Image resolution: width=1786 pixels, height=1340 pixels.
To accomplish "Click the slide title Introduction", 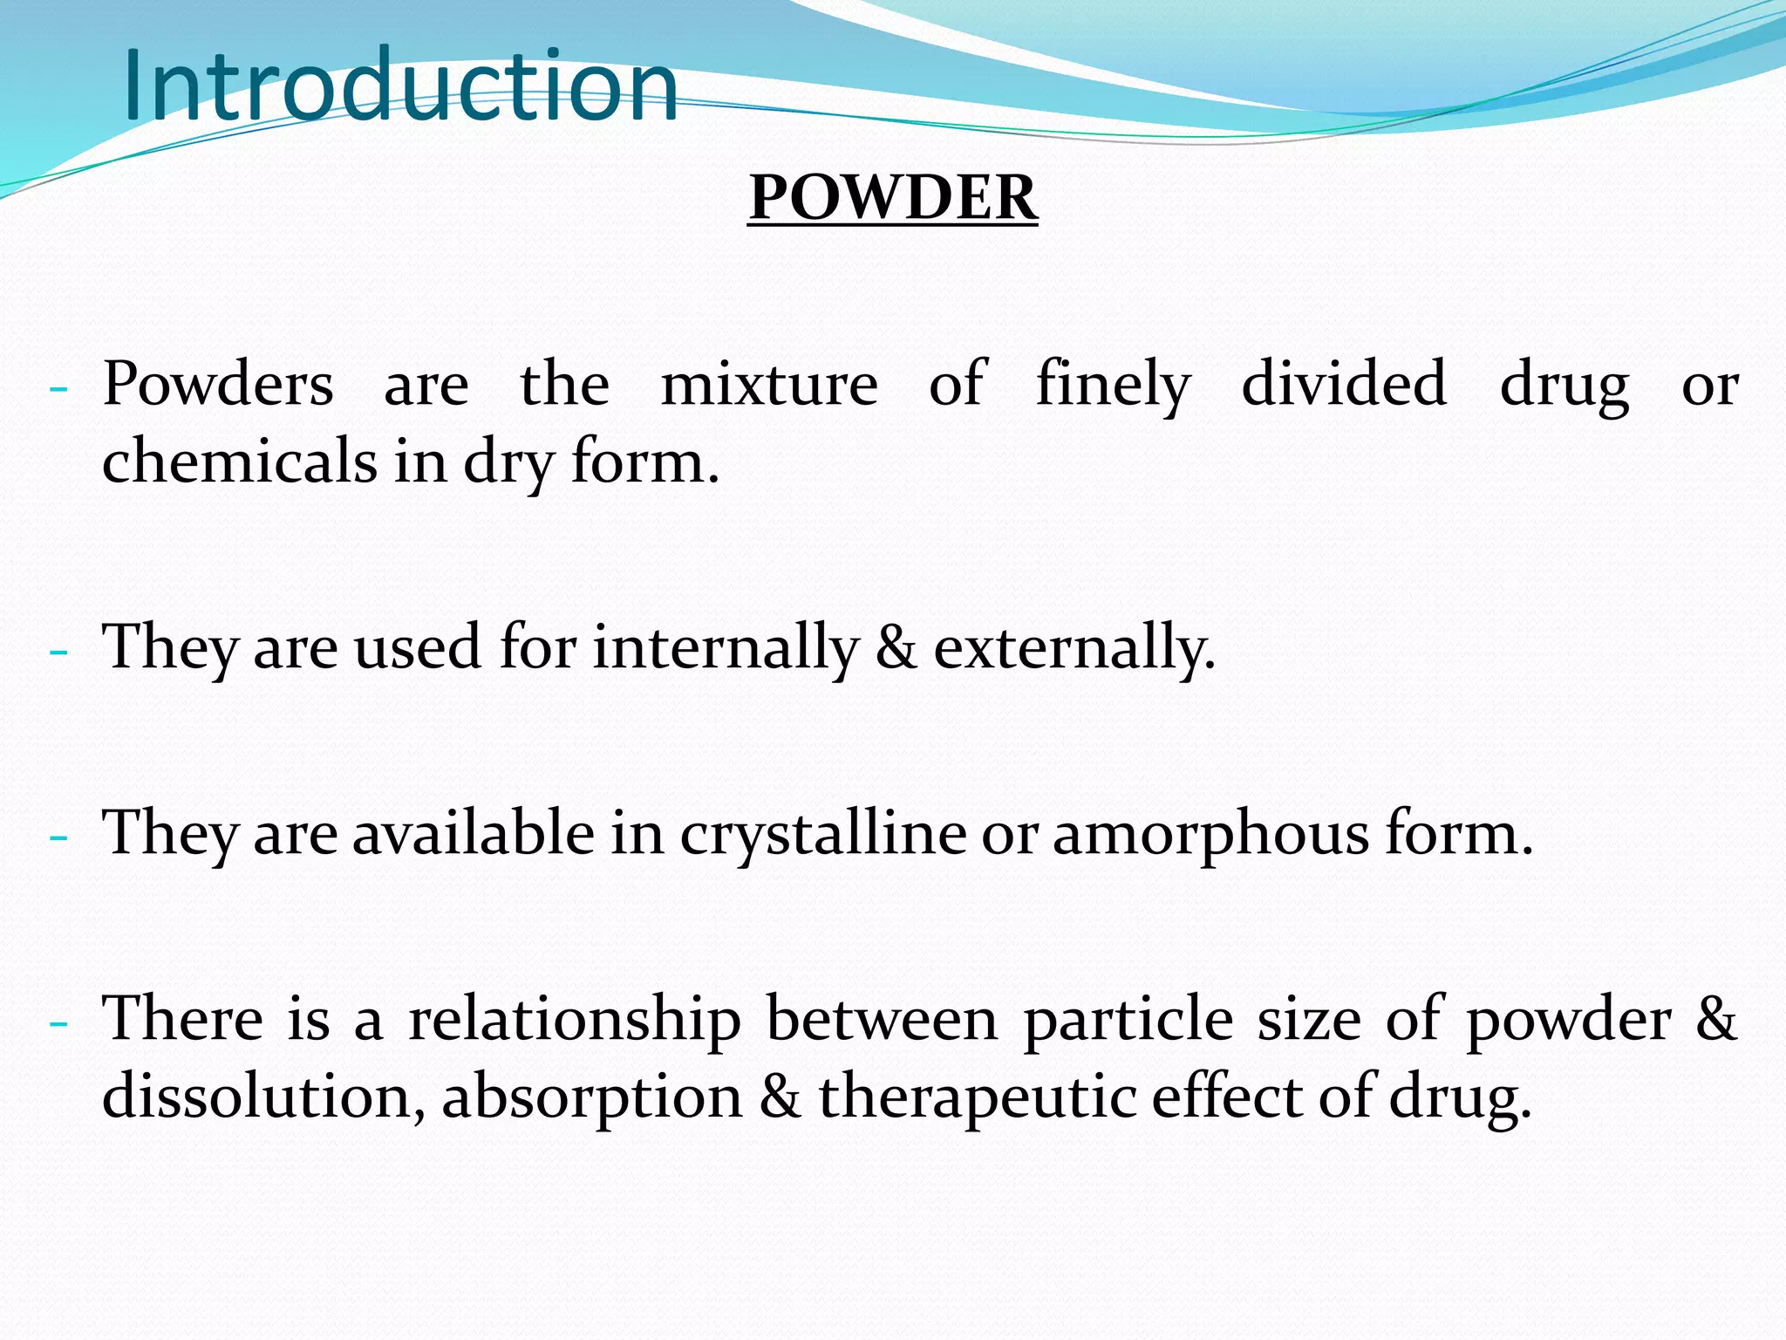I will (400, 85).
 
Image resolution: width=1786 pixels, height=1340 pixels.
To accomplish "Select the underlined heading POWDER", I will (893, 197).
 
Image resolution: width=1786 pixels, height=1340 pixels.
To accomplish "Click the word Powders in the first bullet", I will (218, 384).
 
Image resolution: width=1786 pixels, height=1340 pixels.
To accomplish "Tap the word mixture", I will (769, 384).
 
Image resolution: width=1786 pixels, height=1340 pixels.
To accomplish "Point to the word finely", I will (1113, 386).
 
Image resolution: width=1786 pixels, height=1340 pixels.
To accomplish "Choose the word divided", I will (1344, 384).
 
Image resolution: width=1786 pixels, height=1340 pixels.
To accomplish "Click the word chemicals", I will (239, 461).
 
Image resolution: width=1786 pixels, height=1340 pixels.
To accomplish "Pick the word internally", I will (726, 648).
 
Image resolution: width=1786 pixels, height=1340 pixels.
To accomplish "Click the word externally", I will (1074, 648).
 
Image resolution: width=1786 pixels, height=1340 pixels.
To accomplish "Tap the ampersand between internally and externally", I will (896, 648).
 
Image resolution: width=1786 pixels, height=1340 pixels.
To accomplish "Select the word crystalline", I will (822, 834).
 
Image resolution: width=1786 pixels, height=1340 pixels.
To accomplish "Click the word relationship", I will (575, 1020).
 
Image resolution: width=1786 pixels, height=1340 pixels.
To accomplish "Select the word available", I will (473, 833).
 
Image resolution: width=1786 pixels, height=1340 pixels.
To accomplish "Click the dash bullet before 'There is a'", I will (58, 1022).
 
